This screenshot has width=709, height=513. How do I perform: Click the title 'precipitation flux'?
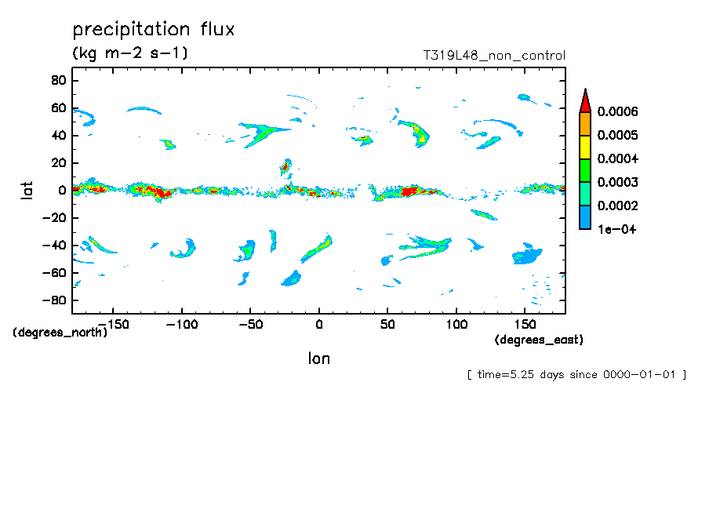(x=154, y=30)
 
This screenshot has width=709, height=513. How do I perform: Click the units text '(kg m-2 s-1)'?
(x=129, y=53)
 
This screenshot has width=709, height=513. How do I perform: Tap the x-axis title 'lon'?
(x=318, y=358)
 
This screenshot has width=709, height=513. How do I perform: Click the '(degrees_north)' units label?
(x=60, y=332)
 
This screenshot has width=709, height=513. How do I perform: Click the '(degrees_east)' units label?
(x=539, y=340)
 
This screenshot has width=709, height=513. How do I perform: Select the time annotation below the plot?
(x=576, y=374)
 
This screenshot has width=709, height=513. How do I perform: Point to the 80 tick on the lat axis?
(x=57, y=80)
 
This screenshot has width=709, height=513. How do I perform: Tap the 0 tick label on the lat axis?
(x=61, y=190)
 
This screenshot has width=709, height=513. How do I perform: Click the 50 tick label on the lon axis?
(x=387, y=324)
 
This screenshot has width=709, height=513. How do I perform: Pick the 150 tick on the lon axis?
(x=525, y=324)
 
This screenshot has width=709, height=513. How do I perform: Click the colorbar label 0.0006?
(x=617, y=112)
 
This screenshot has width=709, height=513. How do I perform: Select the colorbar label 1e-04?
(x=616, y=230)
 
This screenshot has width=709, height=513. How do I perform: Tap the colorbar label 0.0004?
(x=617, y=159)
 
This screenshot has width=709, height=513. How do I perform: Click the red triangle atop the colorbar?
(x=584, y=100)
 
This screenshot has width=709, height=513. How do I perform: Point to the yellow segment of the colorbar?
(x=584, y=147)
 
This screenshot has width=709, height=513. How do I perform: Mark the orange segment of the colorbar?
(x=584, y=124)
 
